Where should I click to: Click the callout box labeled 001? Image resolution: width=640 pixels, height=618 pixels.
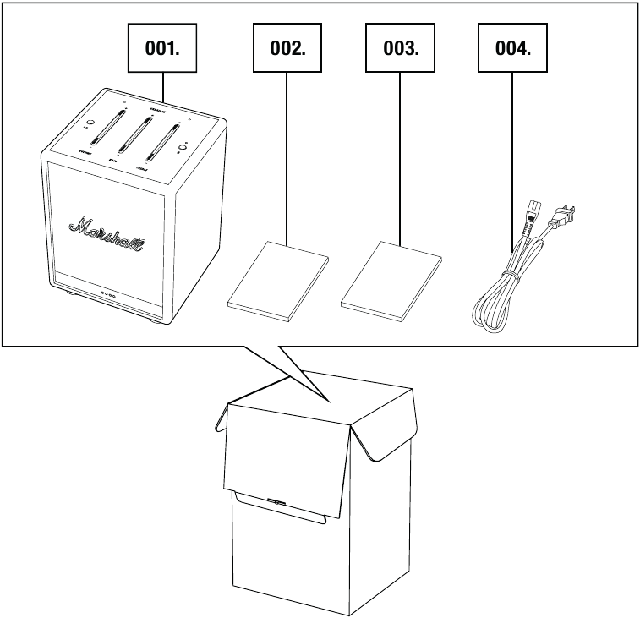(x=161, y=47)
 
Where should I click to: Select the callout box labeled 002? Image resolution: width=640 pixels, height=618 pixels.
(x=287, y=47)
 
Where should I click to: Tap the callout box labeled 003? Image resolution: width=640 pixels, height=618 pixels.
(x=400, y=47)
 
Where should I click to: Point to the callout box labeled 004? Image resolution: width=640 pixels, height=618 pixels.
(x=512, y=47)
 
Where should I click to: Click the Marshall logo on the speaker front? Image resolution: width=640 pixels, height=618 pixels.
(x=107, y=232)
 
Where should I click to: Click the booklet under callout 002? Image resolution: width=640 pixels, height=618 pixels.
(x=278, y=280)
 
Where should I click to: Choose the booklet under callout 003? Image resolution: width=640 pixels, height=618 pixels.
(x=391, y=279)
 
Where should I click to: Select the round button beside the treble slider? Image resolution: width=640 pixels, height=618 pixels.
(x=181, y=150)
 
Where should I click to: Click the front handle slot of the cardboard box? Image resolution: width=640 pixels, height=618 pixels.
(x=275, y=502)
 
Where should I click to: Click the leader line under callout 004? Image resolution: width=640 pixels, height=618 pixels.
(x=512, y=152)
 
